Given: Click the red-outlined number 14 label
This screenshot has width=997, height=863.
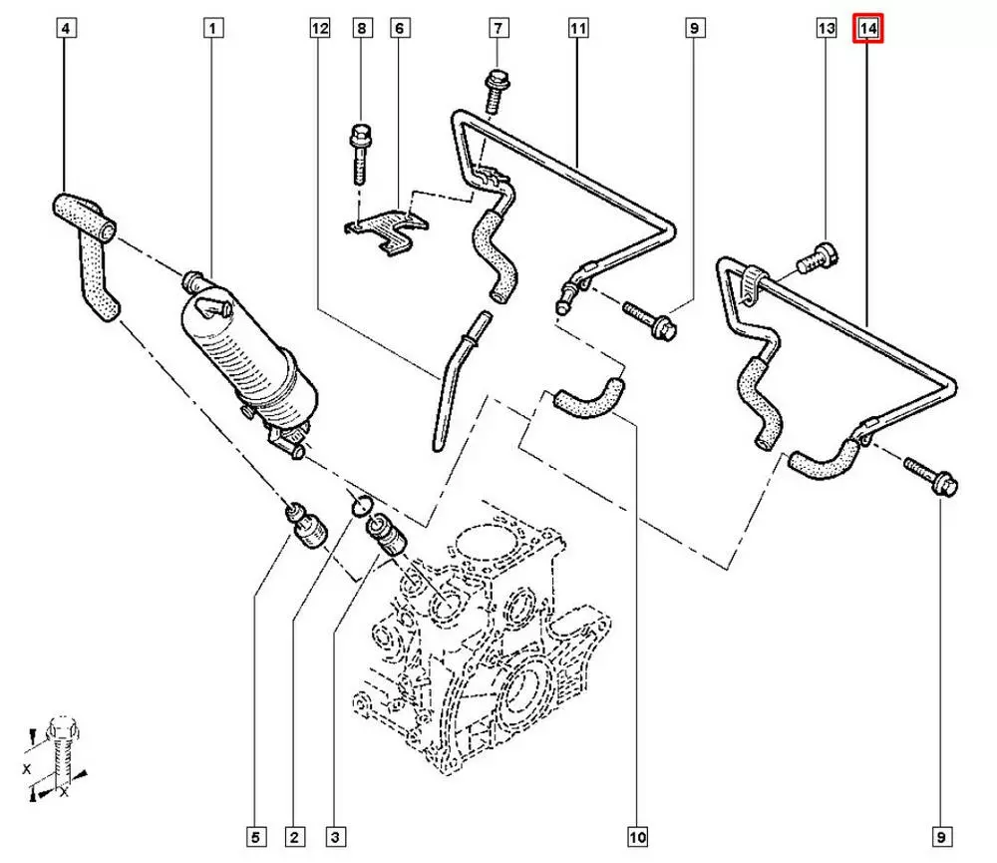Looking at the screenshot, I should [x=867, y=30].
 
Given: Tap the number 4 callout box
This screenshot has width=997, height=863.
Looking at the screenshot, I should [x=65, y=30].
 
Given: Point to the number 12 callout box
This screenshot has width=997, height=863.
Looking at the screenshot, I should [x=318, y=30].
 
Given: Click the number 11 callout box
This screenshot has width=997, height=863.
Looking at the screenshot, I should [x=577, y=30].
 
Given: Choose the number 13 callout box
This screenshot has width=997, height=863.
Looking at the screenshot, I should [x=826, y=30].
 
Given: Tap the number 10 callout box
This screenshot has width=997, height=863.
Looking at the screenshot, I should [x=637, y=834].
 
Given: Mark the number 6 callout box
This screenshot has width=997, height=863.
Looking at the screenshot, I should [x=398, y=30].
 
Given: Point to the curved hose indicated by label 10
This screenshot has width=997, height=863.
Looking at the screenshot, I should [x=588, y=394].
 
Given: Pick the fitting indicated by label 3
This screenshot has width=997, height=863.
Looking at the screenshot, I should [x=385, y=535].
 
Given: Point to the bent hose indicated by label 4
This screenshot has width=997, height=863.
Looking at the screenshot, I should [x=90, y=249].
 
